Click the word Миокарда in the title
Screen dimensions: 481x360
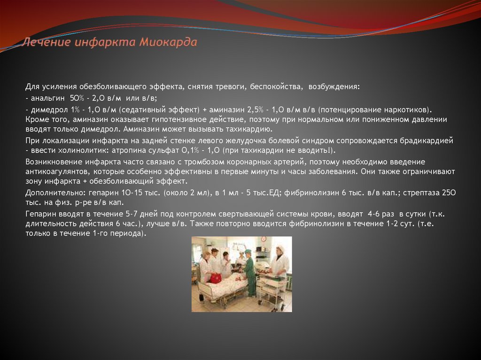168,43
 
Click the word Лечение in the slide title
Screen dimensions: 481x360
46,43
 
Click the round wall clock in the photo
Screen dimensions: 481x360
264,239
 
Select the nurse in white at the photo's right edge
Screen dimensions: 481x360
280,263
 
